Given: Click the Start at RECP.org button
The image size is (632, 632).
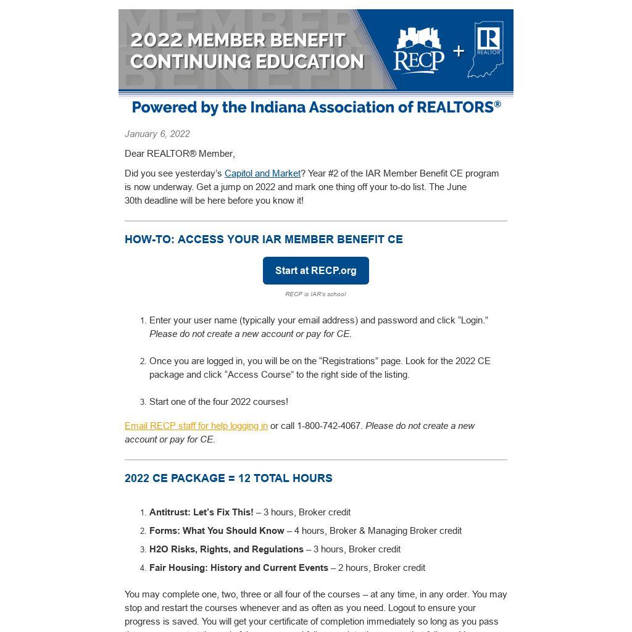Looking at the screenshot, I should click(x=315, y=270).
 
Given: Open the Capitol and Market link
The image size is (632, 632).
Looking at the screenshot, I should click(x=262, y=173).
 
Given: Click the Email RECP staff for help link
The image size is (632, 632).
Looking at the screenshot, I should click(x=196, y=426).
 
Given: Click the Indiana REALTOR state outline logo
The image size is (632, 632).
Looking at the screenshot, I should click(x=486, y=49).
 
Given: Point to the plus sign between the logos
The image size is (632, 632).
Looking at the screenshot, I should click(x=458, y=51).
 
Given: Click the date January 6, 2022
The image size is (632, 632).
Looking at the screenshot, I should click(x=157, y=134).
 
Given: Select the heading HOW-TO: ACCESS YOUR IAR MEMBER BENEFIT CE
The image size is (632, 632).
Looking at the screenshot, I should click(x=264, y=239).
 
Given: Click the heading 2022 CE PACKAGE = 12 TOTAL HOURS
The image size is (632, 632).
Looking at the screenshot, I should click(x=228, y=478).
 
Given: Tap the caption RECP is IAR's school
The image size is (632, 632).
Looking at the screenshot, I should click(x=315, y=294).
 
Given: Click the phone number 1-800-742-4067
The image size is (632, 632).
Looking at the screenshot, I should click(x=330, y=426).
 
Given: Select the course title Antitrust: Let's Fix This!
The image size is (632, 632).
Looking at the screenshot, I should click(x=201, y=512).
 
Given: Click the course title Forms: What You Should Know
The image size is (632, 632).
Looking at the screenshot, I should click(x=217, y=531).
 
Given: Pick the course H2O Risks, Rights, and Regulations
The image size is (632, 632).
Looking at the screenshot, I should click(x=227, y=549).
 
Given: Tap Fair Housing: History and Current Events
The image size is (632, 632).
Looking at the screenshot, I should click(x=239, y=568).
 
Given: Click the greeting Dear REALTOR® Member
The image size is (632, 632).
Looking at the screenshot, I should click(x=180, y=154).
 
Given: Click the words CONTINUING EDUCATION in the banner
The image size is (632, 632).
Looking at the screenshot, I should click(x=247, y=62).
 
